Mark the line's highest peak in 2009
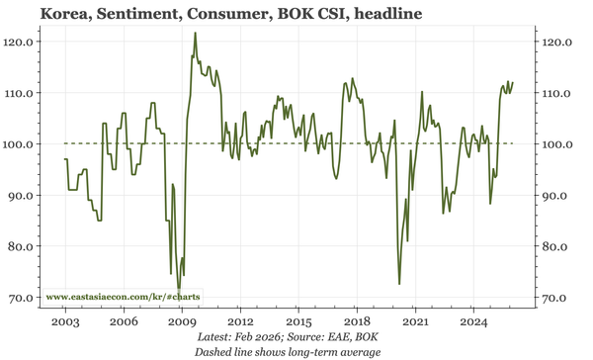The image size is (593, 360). (195, 33)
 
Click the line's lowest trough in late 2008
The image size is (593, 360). (179, 288)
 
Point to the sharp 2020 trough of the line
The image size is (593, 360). (399, 284)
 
